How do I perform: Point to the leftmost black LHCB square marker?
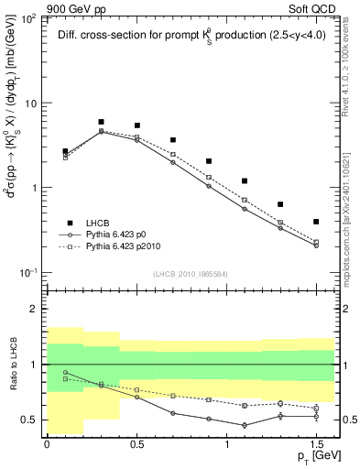(x=65, y=151)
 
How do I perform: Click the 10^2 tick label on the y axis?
(x=28, y=19)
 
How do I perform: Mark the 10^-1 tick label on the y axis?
(x=28, y=273)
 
